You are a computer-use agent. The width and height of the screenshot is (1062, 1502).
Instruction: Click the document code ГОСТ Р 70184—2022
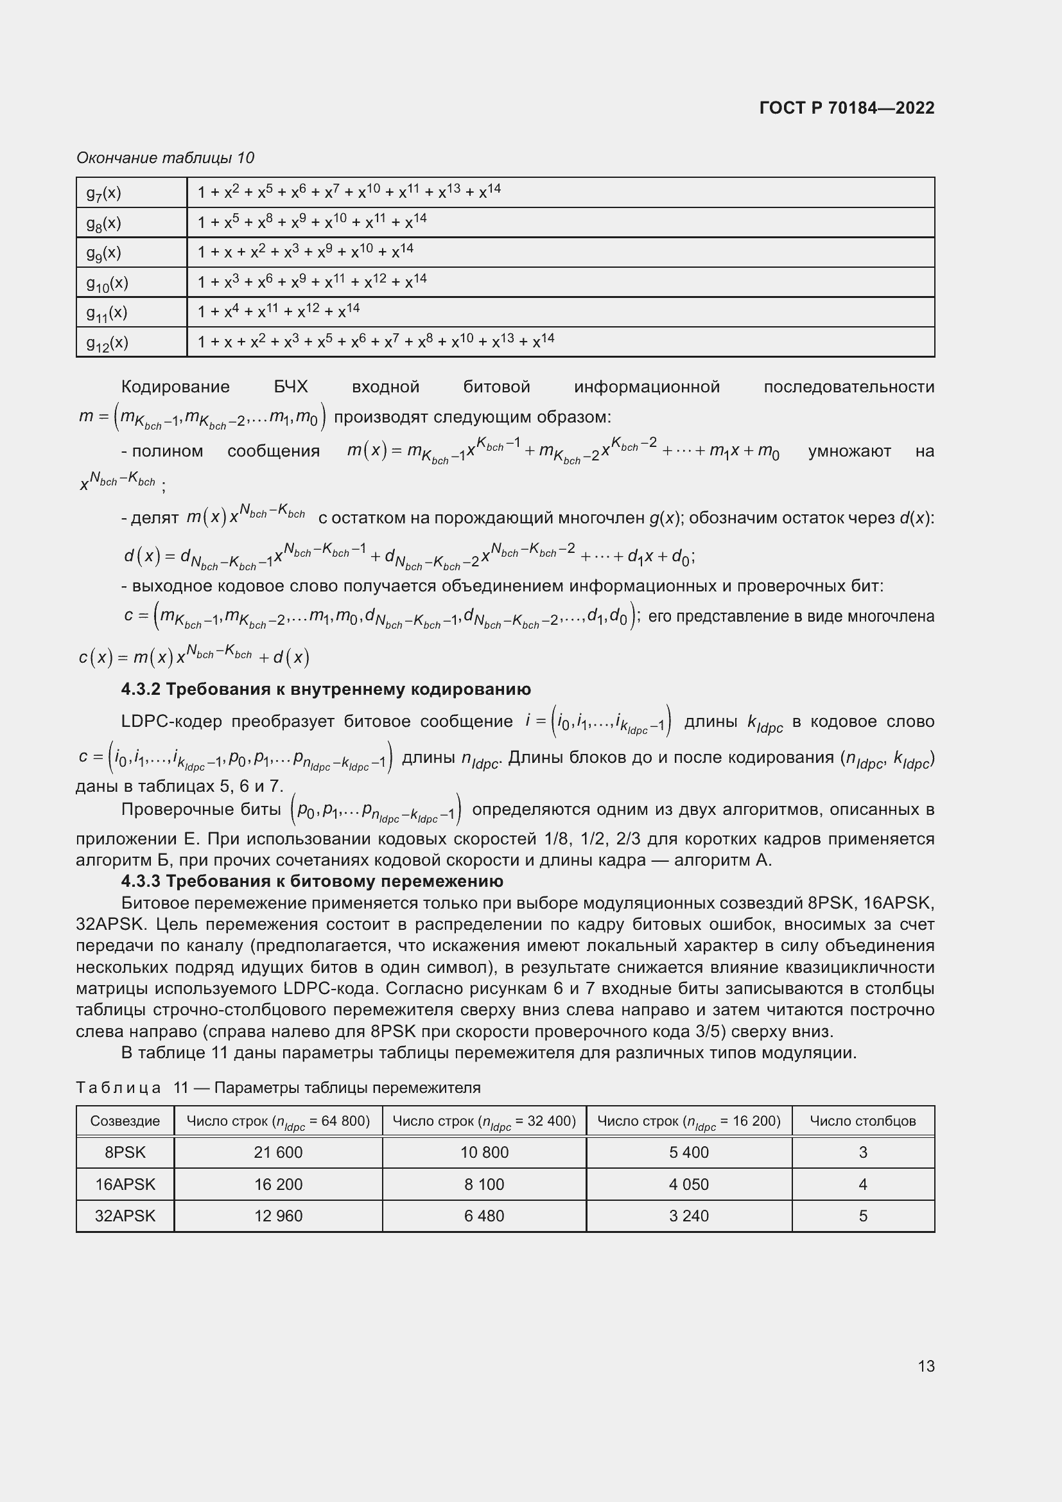[846, 108]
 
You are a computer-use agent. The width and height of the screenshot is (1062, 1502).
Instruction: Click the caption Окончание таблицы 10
[165, 158]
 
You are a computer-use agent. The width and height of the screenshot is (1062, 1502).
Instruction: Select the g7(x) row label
[105, 193]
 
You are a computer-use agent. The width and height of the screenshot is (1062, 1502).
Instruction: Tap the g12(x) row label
[108, 343]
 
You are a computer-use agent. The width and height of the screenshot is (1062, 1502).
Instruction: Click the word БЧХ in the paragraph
[290, 387]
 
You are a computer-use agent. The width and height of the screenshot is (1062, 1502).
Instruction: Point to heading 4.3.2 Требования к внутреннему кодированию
[326, 689]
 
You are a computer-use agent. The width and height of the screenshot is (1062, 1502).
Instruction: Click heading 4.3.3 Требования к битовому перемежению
[312, 881]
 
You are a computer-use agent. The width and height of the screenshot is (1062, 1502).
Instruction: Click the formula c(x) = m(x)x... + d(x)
[193, 656]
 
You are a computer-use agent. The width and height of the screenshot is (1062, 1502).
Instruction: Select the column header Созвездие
[125, 1121]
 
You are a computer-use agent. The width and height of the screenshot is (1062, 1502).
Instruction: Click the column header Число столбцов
[862, 1121]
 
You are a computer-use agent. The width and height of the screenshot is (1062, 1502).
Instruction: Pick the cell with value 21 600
[278, 1152]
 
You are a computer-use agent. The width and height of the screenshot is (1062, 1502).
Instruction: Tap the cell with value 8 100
[484, 1184]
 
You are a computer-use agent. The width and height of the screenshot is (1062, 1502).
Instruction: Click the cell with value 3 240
[688, 1216]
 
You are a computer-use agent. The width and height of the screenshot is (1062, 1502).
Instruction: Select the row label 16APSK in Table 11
[125, 1184]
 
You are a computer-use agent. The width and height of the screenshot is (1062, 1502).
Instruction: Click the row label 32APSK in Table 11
[125, 1216]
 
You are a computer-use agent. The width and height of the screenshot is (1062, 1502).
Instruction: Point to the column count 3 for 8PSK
[862, 1152]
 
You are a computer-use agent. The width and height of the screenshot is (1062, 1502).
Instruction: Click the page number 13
[926, 1366]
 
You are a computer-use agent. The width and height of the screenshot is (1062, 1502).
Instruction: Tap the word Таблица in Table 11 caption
[118, 1087]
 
